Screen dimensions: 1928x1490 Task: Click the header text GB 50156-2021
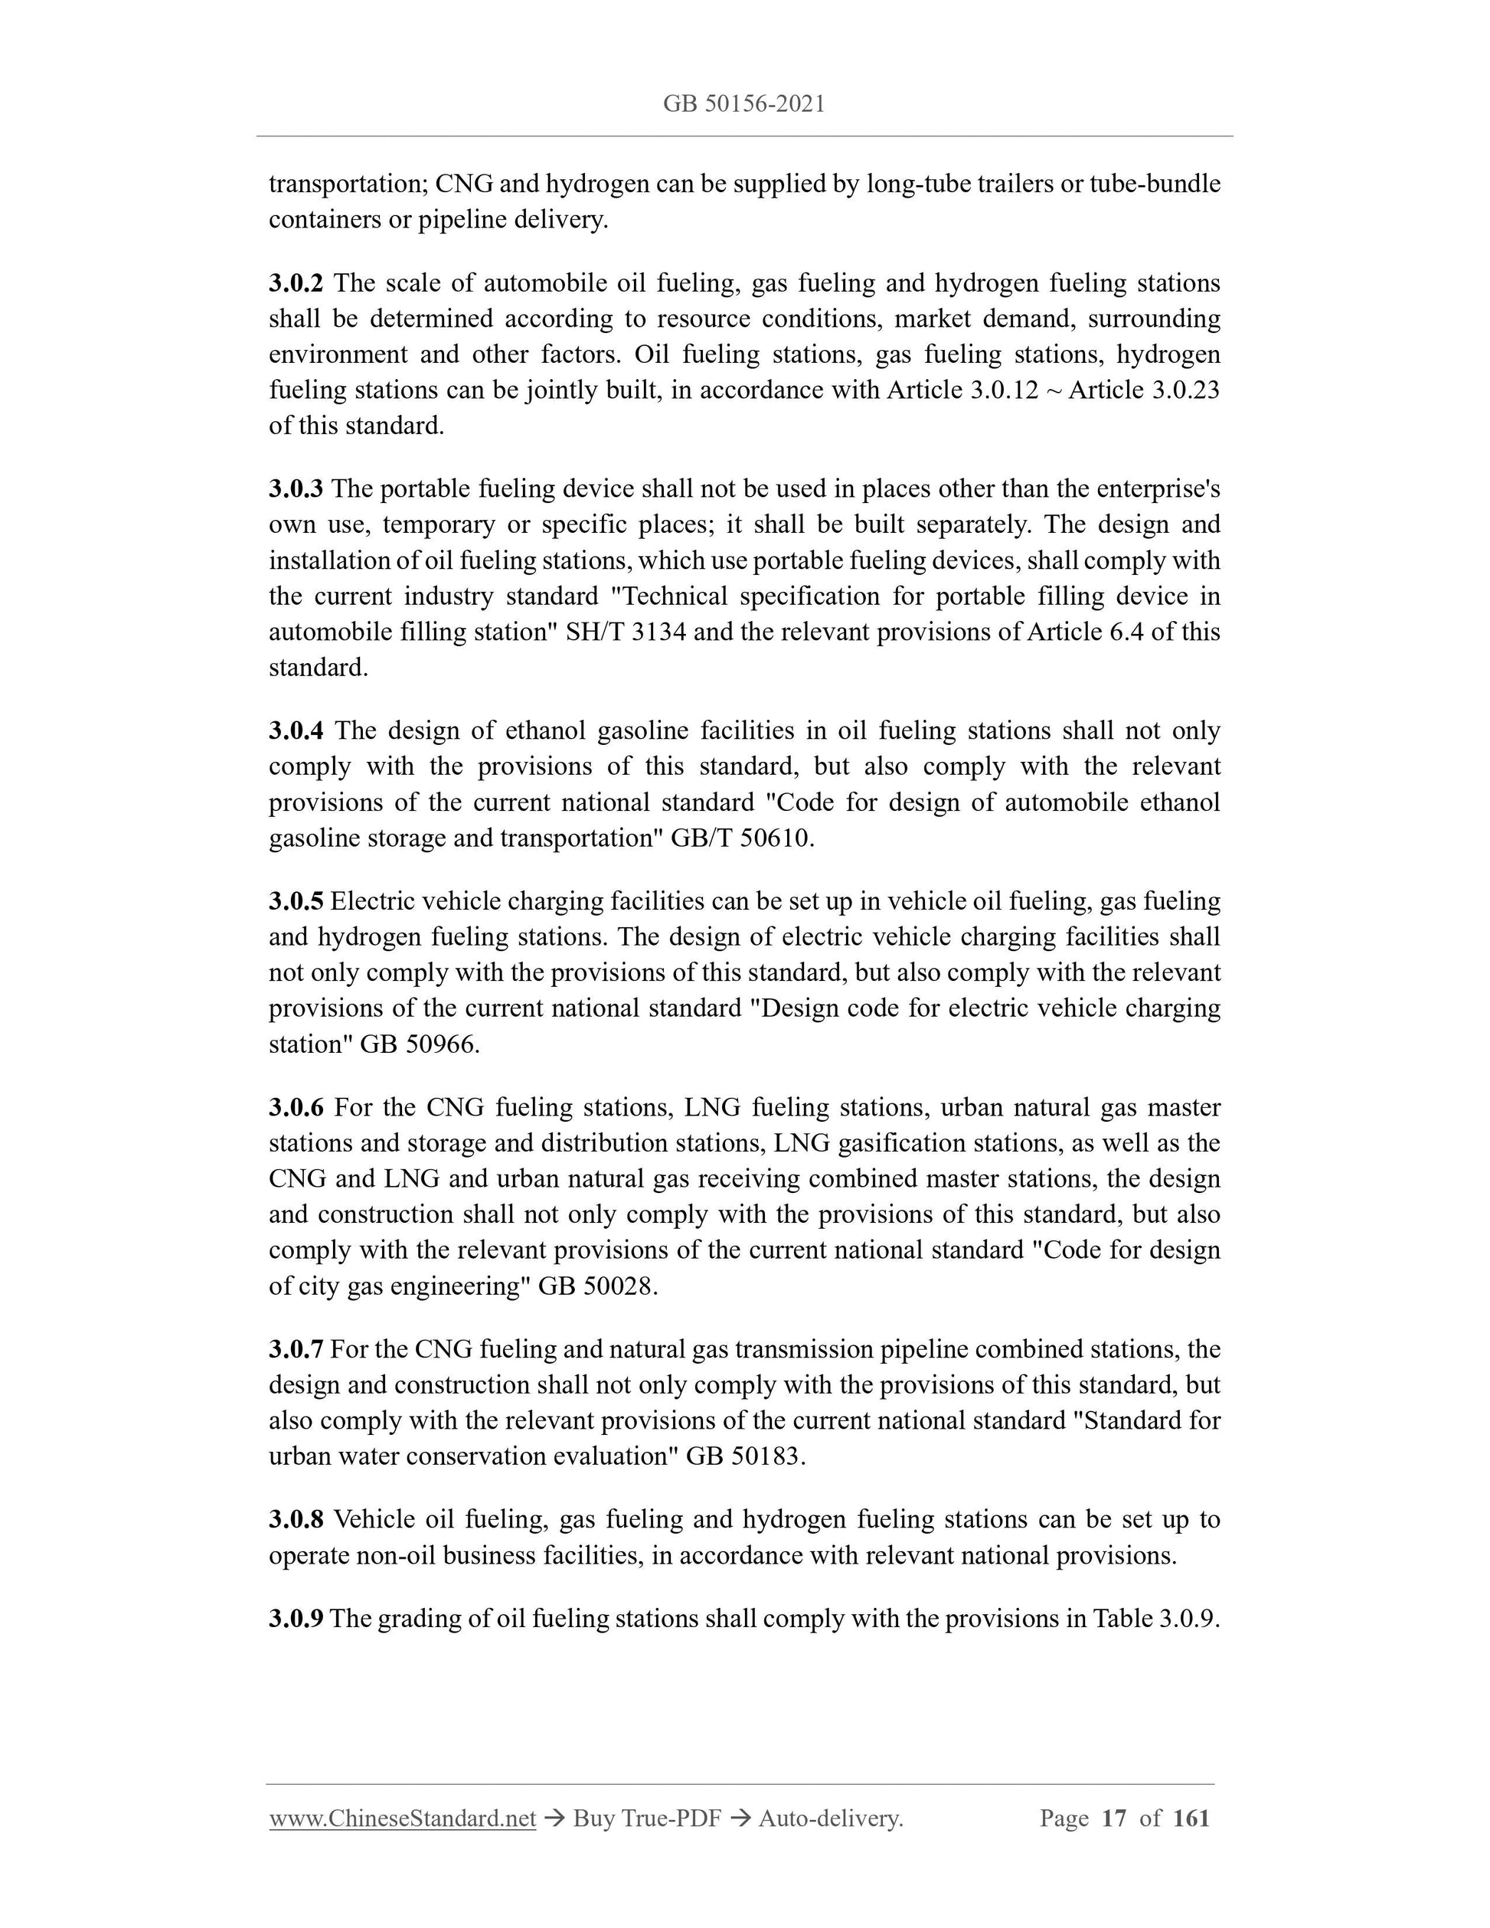(743, 104)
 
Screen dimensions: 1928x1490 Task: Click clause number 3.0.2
(296, 283)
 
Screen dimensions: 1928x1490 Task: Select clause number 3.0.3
(296, 489)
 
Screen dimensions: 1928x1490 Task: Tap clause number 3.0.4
(296, 731)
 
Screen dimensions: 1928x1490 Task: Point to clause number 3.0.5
(296, 901)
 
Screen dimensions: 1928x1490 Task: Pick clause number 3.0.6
(296, 1107)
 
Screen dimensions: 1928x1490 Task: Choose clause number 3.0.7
(296, 1349)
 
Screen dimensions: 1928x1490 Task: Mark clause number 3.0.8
(296, 1519)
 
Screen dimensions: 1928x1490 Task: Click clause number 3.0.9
(296, 1618)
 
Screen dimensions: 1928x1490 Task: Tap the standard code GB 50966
(420, 1044)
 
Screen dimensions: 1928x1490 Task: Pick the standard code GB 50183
(745, 1456)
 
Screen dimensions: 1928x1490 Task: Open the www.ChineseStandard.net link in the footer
(403, 1818)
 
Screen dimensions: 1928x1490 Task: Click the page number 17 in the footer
(1114, 1818)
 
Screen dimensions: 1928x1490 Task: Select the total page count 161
(1191, 1818)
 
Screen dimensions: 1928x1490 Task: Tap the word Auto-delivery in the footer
(830, 1818)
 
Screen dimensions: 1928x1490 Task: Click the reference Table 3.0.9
(1155, 1618)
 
